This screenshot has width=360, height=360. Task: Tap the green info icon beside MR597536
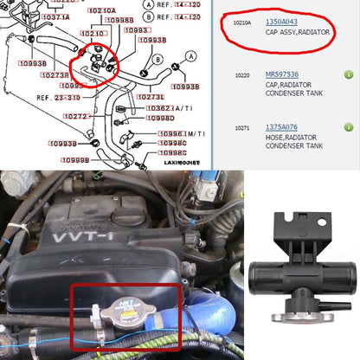(348, 75)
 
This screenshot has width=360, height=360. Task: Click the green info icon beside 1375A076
(348, 127)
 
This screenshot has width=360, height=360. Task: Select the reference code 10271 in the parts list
(243, 127)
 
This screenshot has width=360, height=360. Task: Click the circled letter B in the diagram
(157, 58)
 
